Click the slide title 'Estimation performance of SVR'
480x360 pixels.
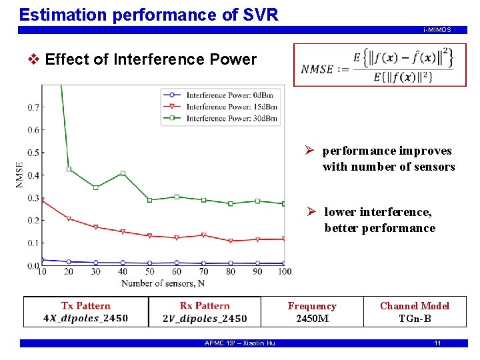pos(149,14)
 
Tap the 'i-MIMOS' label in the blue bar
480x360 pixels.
pos(437,30)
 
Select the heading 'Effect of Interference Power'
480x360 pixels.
pos(151,59)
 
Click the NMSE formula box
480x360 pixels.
pos(379,65)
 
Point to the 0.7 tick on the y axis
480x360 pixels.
pos(32,107)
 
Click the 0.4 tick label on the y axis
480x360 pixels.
pos(32,175)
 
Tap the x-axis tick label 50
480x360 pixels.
pos(150,271)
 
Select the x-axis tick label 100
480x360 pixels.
pos(285,271)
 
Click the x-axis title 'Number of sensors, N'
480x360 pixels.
pos(163,283)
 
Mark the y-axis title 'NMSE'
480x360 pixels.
pos(20,175)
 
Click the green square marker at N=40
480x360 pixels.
pos(123,173)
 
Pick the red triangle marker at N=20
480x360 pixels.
pos(69,219)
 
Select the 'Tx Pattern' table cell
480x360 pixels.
pos(86,312)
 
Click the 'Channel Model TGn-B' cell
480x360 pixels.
pos(415,312)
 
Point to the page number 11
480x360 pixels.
pos(437,343)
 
